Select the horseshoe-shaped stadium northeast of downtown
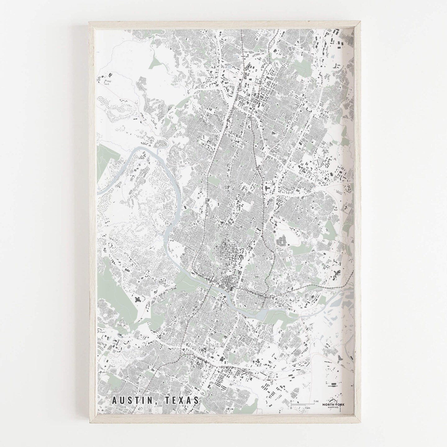click(281, 240)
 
